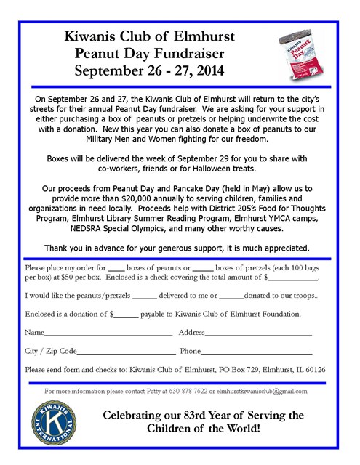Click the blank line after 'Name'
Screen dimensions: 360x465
[x=105, y=333]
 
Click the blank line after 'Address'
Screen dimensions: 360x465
[x=258, y=333]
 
